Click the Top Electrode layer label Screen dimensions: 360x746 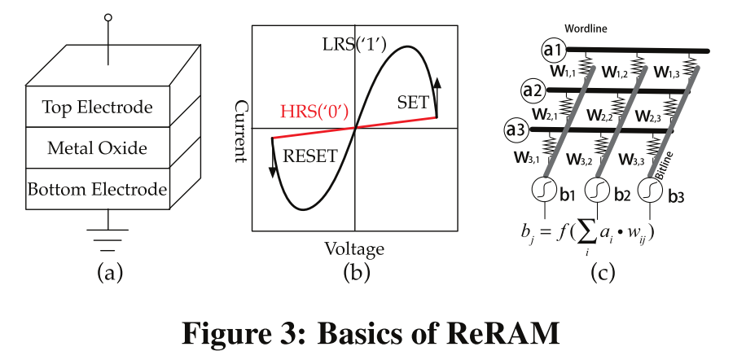pyautogui.click(x=97, y=108)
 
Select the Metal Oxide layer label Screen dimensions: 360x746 pyautogui.click(x=97, y=148)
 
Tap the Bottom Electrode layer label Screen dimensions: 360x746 pyautogui.click(x=97, y=190)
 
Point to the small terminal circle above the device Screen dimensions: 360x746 pyautogui.click(x=108, y=16)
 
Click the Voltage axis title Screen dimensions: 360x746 pyautogui.click(x=354, y=248)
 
